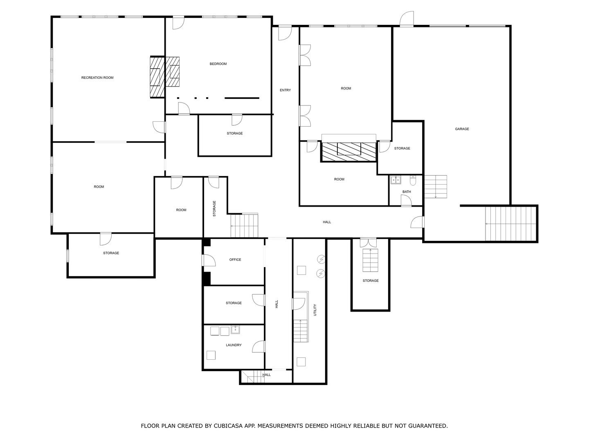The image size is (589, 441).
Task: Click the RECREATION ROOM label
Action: (x=97, y=78)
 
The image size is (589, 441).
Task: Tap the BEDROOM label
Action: (x=218, y=64)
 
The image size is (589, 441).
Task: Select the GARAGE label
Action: (x=461, y=129)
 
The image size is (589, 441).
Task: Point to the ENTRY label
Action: (x=285, y=90)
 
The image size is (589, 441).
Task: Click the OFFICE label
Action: (x=235, y=259)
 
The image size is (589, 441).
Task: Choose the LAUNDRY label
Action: (x=234, y=345)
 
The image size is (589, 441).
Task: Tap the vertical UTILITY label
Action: (x=315, y=310)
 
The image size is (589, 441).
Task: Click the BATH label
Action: (x=406, y=192)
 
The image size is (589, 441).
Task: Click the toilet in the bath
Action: (x=413, y=181)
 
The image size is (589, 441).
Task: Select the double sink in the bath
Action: (x=395, y=180)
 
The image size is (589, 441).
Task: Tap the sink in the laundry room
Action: (x=235, y=330)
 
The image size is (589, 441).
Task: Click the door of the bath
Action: (x=406, y=200)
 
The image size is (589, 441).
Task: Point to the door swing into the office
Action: (x=209, y=260)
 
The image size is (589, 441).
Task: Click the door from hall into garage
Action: (x=417, y=222)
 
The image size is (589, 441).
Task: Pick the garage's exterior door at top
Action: (x=407, y=19)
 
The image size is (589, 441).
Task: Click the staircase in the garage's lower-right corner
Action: (x=510, y=224)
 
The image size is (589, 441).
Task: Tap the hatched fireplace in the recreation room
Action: (x=157, y=77)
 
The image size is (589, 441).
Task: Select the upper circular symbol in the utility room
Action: (x=321, y=259)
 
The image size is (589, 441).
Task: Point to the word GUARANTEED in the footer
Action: (x=428, y=426)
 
